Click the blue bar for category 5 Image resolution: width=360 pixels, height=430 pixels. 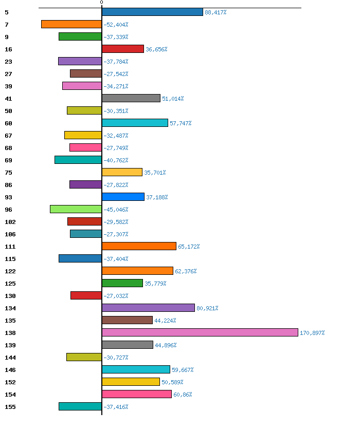pos(152,12)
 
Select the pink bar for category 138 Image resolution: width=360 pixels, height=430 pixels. pos(200,332)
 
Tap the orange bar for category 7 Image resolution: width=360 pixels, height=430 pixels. pos(71,24)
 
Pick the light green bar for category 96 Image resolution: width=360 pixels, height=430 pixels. pos(76,209)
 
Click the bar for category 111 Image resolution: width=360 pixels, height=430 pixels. pos(139,246)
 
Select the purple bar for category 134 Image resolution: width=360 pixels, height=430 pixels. pos(148,308)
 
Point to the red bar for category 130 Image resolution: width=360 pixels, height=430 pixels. pos(86,295)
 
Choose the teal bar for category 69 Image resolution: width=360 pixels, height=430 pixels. pos(78,160)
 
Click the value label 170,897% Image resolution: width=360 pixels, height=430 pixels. pos(312,333)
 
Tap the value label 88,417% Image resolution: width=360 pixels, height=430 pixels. pos(215,12)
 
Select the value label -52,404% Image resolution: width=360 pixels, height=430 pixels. pos(116,25)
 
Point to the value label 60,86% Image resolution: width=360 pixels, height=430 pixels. pos(183,395)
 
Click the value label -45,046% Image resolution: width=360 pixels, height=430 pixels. pos(116,210)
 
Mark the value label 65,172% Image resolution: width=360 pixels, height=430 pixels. pos(189,247)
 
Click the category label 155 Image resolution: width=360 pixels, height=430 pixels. pos(10,407)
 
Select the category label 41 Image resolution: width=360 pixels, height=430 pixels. pos(8,99)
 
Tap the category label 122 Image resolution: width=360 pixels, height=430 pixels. pos(10,271)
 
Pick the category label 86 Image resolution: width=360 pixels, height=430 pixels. pos(8,185)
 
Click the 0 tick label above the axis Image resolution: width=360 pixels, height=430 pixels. pos(101,3)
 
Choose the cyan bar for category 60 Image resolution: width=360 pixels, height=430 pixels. pos(135,123)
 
